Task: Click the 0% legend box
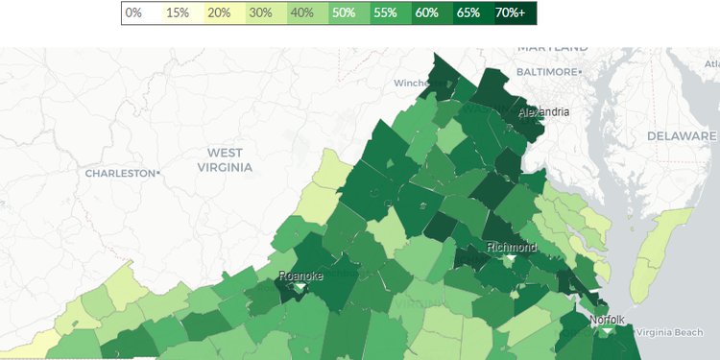tap(134, 13)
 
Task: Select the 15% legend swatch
tap(177, 13)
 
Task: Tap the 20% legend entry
tap(218, 13)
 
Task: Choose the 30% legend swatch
tap(259, 13)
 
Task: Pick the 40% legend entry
tap(300, 13)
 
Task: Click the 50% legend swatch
tap(342, 13)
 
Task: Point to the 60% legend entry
tap(425, 13)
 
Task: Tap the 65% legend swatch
tap(468, 13)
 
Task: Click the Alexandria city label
tap(543, 112)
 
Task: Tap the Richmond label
tap(512, 247)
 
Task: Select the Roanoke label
tap(300, 276)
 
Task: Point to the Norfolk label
tap(608, 320)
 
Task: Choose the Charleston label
tap(121, 174)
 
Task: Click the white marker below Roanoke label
tap(300, 287)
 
